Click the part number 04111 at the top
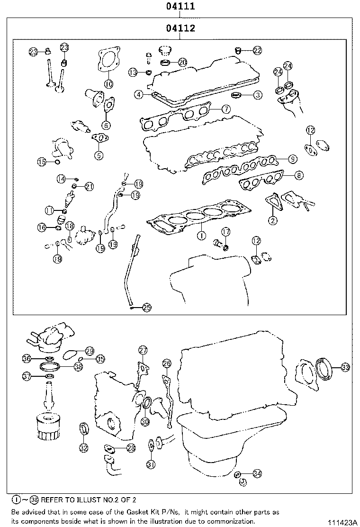(180, 7)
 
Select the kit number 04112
(180, 29)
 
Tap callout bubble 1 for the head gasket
(201, 234)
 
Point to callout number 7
(226, 109)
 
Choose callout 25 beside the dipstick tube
(146, 308)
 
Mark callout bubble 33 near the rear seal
(345, 367)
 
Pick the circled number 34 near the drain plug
(257, 473)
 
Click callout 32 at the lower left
(83, 447)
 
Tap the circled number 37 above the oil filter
(27, 376)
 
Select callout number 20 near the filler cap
(182, 62)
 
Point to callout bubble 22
(257, 50)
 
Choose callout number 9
(292, 159)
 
